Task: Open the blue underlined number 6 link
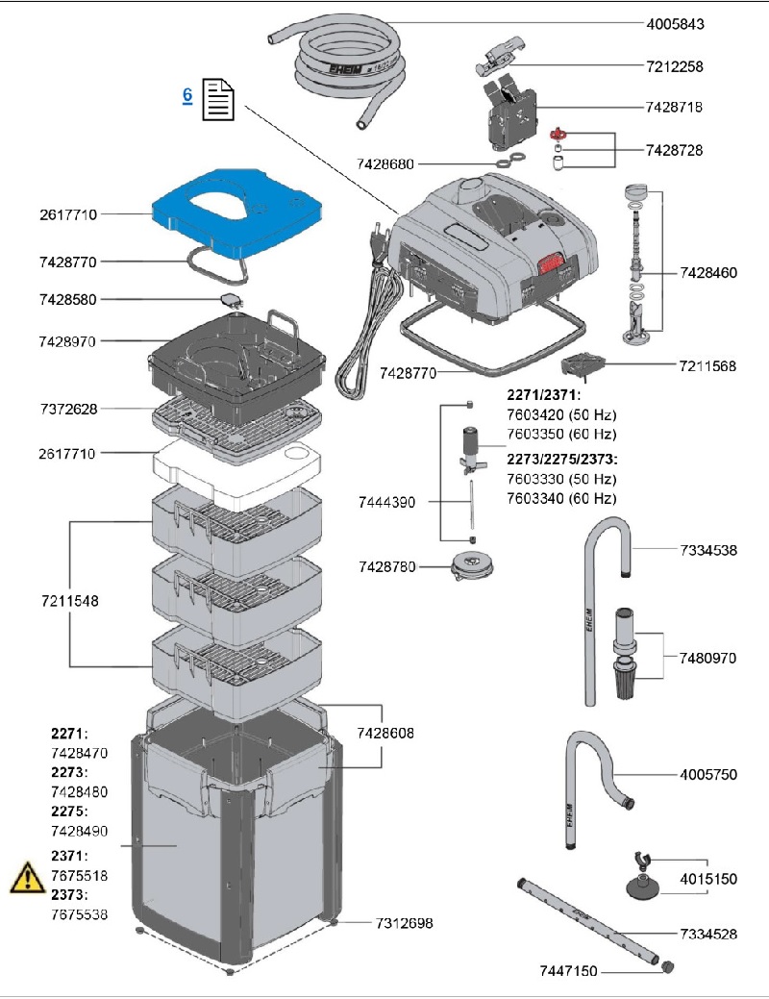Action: [x=187, y=94]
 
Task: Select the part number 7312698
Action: [x=403, y=923]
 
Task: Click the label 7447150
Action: [x=571, y=972]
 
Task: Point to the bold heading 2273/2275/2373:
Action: [x=562, y=457]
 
